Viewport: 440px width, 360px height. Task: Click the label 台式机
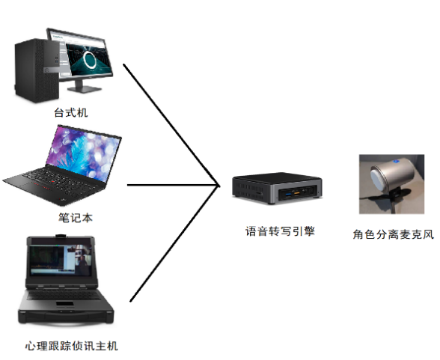tap(71, 112)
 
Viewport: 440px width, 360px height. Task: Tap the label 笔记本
tap(75, 218)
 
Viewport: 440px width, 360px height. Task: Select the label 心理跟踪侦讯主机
tap(71, 346)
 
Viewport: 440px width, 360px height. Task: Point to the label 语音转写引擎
tap(280, 231)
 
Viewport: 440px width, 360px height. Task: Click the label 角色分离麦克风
tap(394, 234)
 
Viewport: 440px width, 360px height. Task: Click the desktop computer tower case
tap(37, 70)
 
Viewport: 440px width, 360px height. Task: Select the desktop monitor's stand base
tap(84, 89)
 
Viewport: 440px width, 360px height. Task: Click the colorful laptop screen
tap(84, 153)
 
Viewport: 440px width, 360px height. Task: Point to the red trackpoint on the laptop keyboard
tap(52, 182)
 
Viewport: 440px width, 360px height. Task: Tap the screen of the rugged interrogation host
tap(61, 260)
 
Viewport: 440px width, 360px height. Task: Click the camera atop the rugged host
tap(61, 236)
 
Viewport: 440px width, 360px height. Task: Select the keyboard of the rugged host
tap(63, 295)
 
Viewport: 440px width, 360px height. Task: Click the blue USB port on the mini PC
tap(289, 194)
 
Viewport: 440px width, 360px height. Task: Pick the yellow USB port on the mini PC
tap(296, 193)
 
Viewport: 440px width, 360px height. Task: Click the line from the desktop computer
tap(171, 124)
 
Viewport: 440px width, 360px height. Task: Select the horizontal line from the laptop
tap(173, 185)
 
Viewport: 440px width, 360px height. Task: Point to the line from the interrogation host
tap(174, 243)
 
